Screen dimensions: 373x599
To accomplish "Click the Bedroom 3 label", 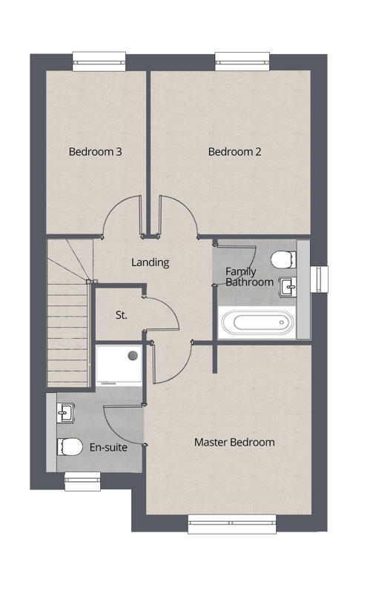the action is (95, 152).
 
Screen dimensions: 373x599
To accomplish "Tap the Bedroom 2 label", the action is (234, 152).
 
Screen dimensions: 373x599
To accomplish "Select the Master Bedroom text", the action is (234, 442).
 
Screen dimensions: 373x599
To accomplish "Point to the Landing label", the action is (151, 262).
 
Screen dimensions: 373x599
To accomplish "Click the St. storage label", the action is (121, 315).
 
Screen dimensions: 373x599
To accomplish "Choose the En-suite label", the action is (108, 447).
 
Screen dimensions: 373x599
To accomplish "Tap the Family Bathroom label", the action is (250, 277).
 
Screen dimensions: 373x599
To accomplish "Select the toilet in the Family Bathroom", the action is (283, 259).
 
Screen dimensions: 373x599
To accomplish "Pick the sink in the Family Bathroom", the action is (288, 286).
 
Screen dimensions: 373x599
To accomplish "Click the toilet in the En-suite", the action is (70, 446).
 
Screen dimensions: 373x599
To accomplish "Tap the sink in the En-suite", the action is (65, 413).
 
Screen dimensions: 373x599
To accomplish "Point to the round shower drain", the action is (133, 355).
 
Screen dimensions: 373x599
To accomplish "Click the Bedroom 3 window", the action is (99, 62).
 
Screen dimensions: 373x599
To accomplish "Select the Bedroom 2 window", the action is (242, 62).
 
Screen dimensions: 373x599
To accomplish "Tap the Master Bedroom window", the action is (232, 523).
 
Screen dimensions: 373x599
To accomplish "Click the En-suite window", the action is (82, 481).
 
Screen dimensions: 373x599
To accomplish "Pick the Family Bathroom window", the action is (319, 279).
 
